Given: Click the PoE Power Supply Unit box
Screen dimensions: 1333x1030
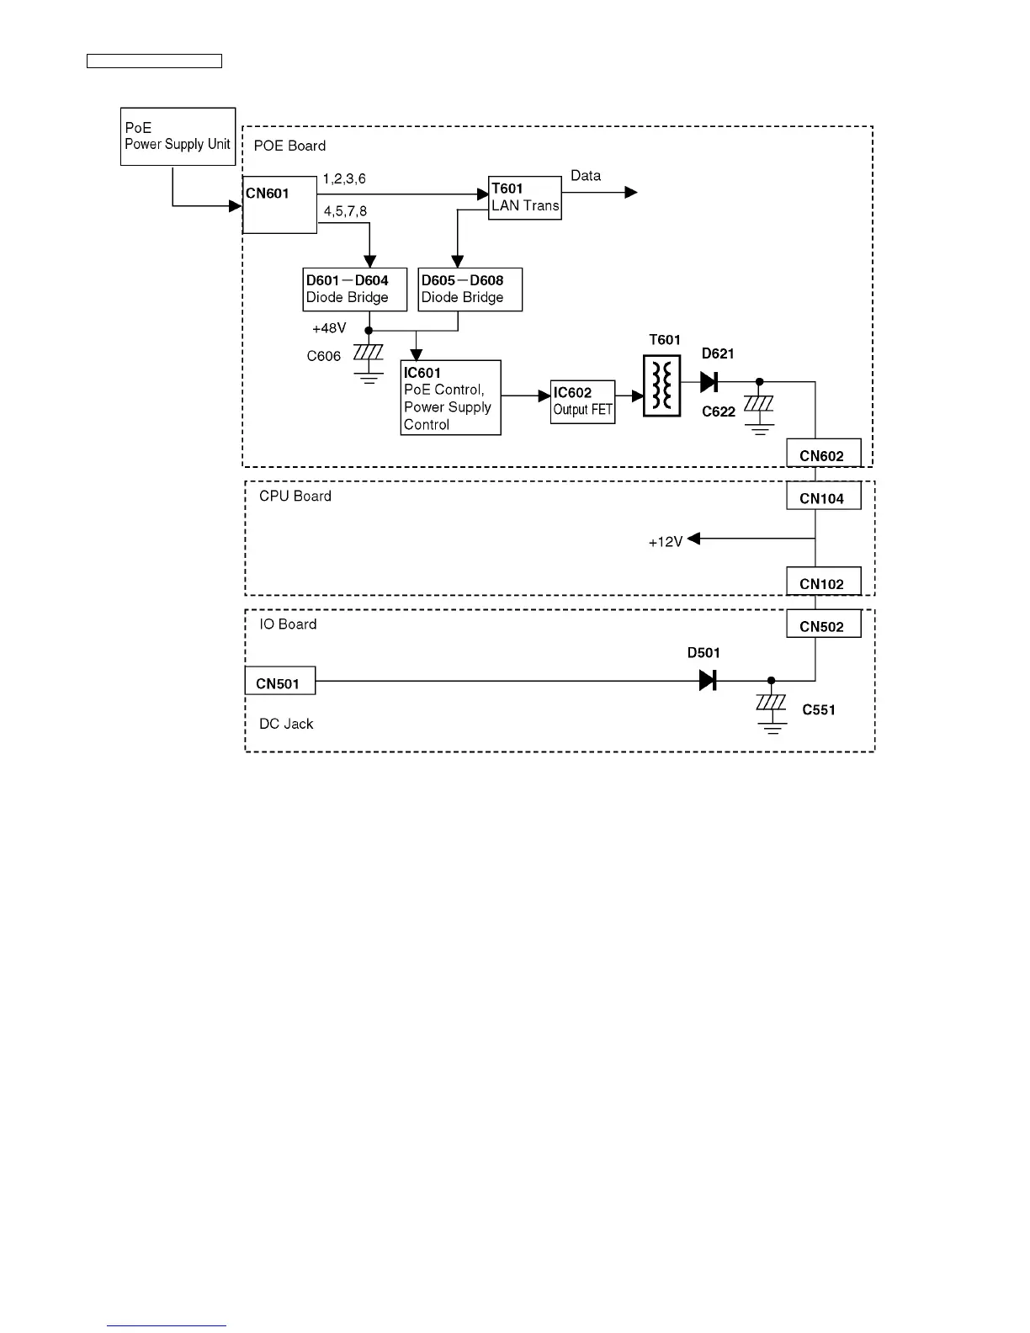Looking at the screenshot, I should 178,136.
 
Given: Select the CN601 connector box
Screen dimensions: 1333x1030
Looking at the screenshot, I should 279,204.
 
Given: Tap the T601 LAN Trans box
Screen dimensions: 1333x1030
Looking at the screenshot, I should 525,198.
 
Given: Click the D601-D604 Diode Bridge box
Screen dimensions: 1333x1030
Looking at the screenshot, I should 355,289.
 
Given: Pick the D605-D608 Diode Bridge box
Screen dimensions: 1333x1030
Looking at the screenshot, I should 470,289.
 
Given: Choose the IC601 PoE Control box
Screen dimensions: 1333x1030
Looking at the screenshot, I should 450,398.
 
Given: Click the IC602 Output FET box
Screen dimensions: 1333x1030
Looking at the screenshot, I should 582,402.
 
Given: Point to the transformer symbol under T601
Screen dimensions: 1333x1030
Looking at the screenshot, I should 661,385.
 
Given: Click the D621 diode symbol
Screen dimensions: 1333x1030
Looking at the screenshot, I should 709,382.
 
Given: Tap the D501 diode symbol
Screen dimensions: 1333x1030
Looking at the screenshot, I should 708,681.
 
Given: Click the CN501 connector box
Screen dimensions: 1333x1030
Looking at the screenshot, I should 279,681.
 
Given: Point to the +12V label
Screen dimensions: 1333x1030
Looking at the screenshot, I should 665,543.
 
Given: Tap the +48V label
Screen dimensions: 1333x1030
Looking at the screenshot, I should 329,328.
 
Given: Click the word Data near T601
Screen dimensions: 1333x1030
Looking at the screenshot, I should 586,176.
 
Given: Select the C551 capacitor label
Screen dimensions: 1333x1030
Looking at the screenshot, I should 818,710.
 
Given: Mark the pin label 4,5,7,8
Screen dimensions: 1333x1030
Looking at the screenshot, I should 345,211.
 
